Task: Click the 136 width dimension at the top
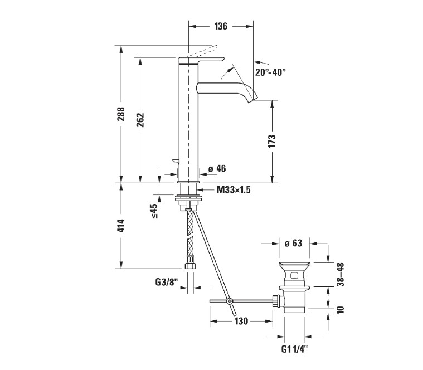point(221,26)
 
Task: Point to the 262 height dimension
point(140,120)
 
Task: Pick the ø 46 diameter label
point(216,169)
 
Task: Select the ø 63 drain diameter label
point(293,243)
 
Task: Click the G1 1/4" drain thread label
point(293,350)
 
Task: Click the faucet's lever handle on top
point(206,57)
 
